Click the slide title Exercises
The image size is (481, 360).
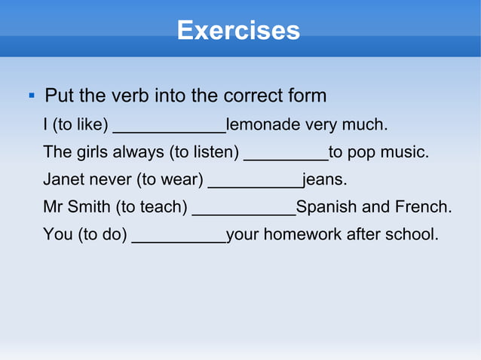pos(238,31)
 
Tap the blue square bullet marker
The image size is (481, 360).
pos(31,96)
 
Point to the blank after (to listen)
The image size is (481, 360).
pos(286,157)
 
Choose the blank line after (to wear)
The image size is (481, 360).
pos(255,185)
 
